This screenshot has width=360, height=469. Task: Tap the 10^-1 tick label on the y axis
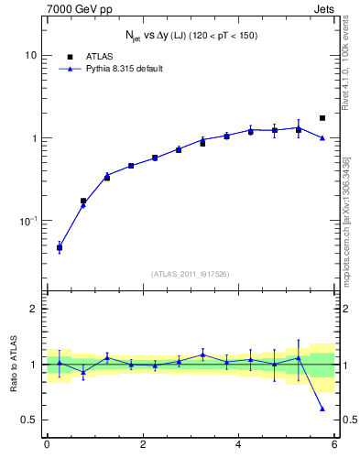(x=28, y=221)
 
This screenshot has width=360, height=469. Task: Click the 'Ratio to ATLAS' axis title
(x=12, y=365)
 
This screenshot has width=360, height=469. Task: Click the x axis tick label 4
(x=238, y=445)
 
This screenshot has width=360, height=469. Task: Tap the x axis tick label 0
(x=47, y=445)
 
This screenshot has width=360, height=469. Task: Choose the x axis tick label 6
(x=334, y=445)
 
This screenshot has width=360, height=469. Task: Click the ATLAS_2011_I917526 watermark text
(x=191, y=274)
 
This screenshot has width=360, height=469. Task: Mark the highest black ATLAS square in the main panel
(x=322, y=118)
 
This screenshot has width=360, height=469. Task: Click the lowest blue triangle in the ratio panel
(x=322, y=409)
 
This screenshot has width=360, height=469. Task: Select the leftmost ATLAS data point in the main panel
(x=60, y=247)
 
